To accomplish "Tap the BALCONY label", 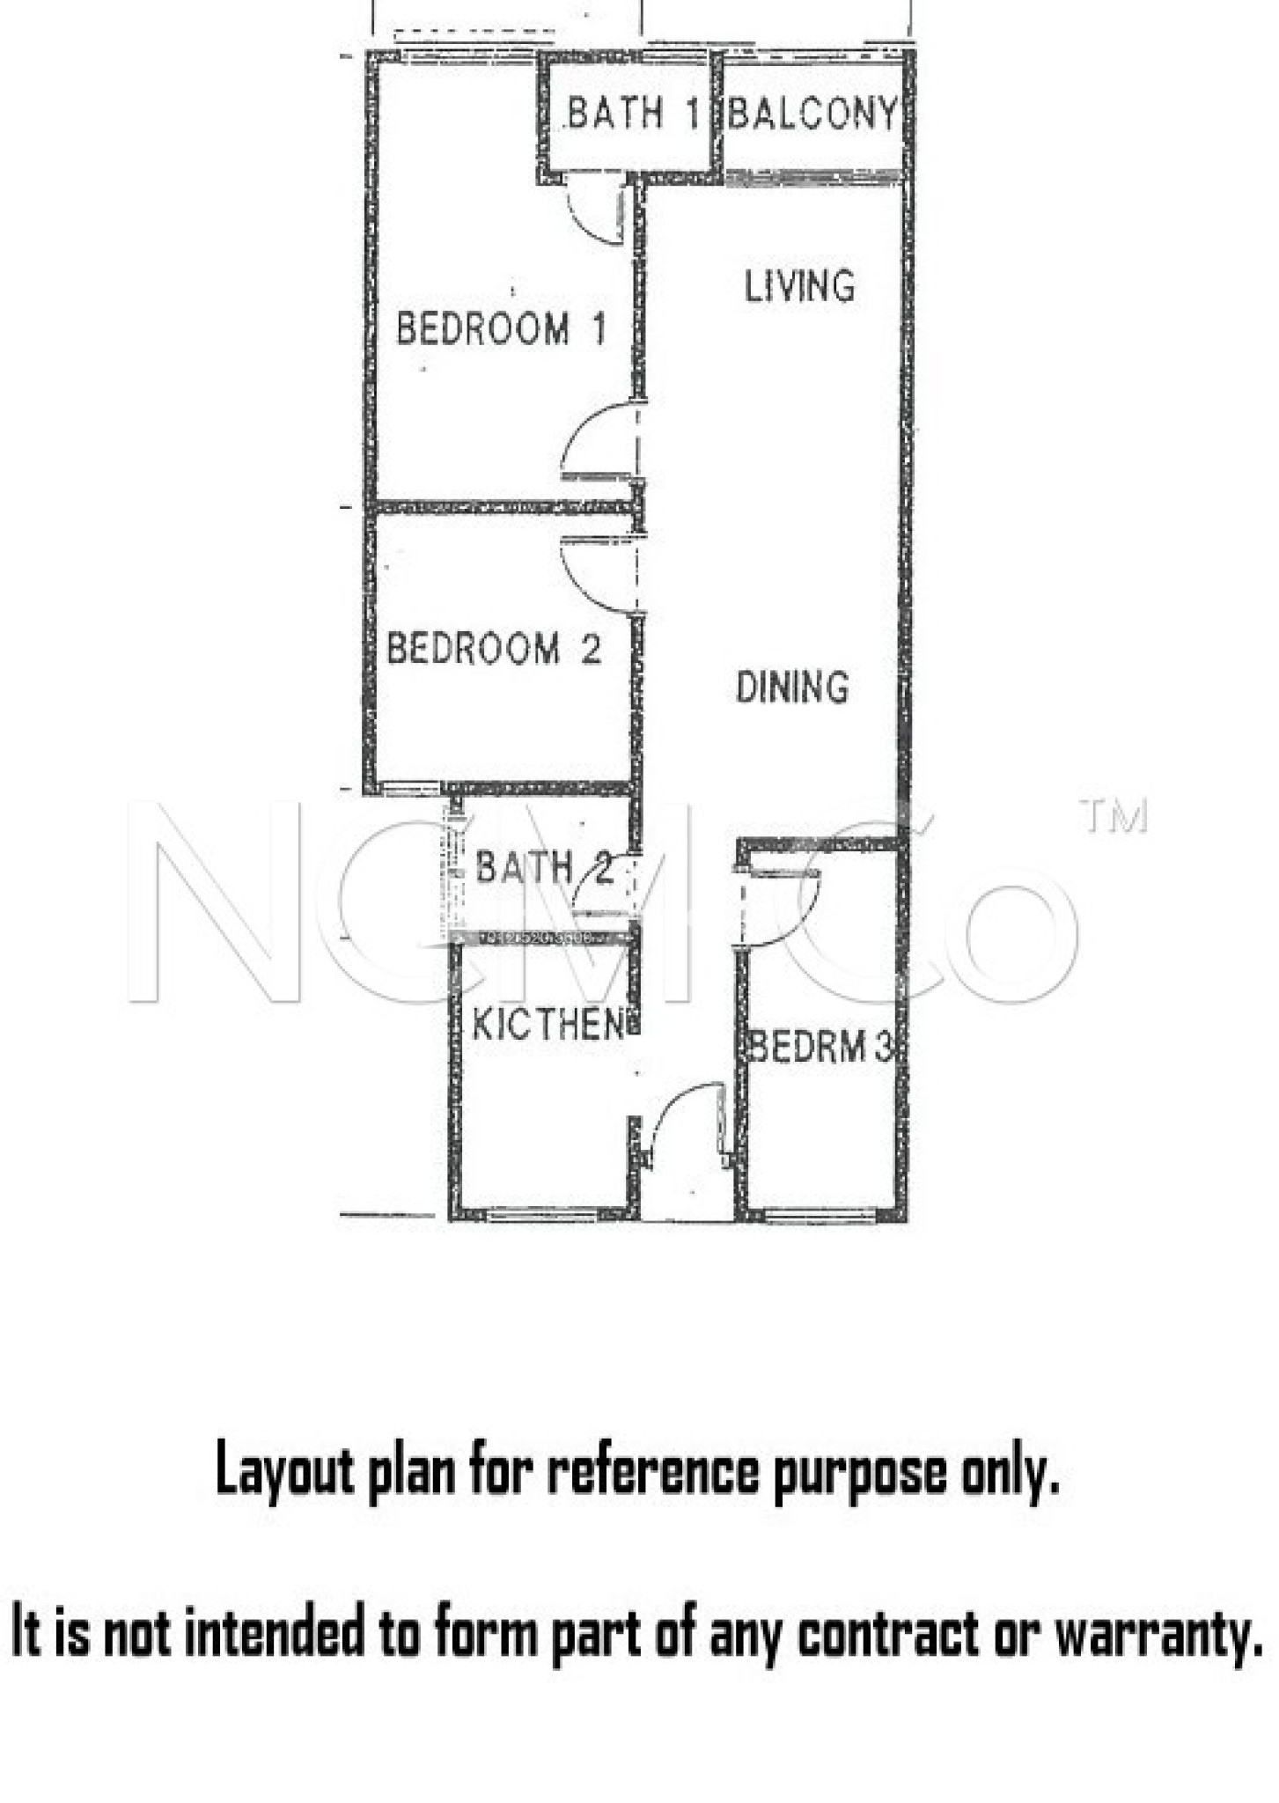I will (812, 114).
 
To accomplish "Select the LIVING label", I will (799, 286).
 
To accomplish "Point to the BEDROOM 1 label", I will (501, 328).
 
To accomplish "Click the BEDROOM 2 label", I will (494, 649).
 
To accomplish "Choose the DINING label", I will (792, 687).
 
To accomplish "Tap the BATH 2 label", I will (543, 868).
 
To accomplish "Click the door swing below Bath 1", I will (594, 211).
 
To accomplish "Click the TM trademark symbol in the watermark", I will (1114, 816).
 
